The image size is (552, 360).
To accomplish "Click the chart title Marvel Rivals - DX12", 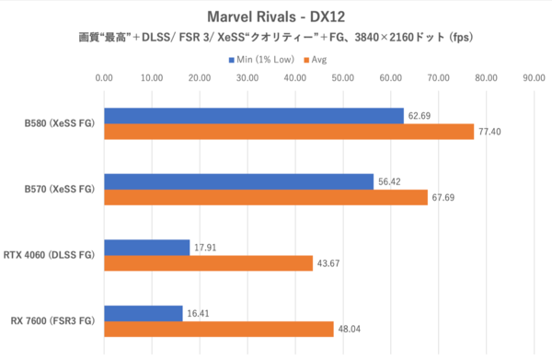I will click(276, 17).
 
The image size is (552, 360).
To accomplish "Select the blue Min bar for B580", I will click(254, 116).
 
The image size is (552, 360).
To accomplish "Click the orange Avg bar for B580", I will click(289, 132).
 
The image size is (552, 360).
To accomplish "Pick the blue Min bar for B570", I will click(239, 181).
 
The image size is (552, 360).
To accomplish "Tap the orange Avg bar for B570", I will click(266, 197).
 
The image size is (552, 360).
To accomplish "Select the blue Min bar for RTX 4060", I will click(147, 247).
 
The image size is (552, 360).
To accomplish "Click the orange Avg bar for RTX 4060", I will click(209, 263).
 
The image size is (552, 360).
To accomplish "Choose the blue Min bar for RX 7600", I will click(144, 313).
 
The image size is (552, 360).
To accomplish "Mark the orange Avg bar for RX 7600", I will click(219, 329).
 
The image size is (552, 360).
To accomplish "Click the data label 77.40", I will click(489, 133).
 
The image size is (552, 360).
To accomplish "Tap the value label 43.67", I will click(328, 263).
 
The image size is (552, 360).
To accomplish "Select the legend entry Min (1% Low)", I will click(261, 60).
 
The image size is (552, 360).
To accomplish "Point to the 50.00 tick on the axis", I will click(343, 78).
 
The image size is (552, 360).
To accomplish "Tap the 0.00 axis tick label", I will click(104, 78).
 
